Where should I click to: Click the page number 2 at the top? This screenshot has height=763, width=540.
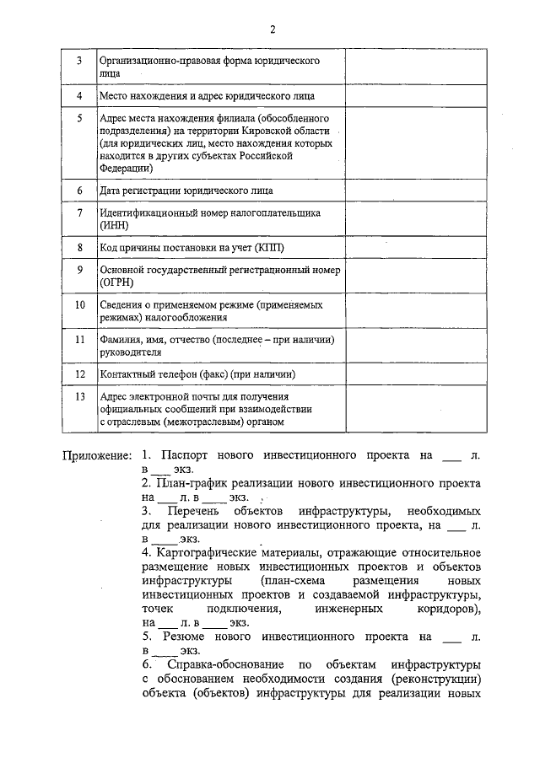273,30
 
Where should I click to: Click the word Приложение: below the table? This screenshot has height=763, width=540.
96,455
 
